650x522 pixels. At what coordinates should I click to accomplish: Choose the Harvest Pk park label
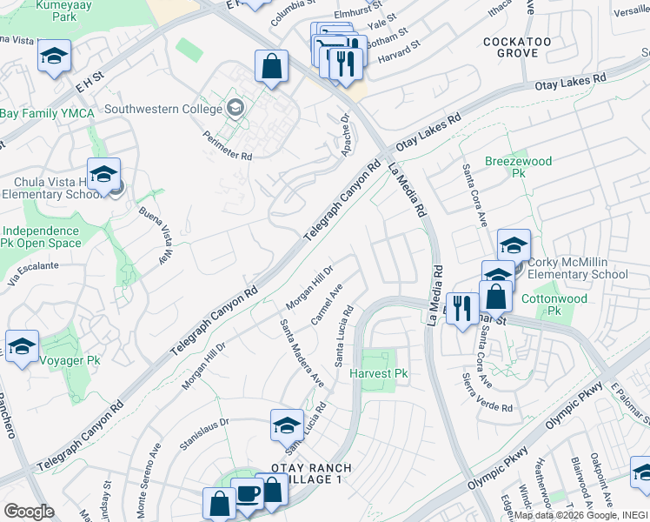pos(378,373)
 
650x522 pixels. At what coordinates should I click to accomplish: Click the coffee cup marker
pos(247,492)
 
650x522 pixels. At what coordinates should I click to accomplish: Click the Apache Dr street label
pos(345,133)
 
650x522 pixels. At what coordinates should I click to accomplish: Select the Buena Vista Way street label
pos(150,236)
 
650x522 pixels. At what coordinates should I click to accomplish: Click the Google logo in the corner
pos(29,511)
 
